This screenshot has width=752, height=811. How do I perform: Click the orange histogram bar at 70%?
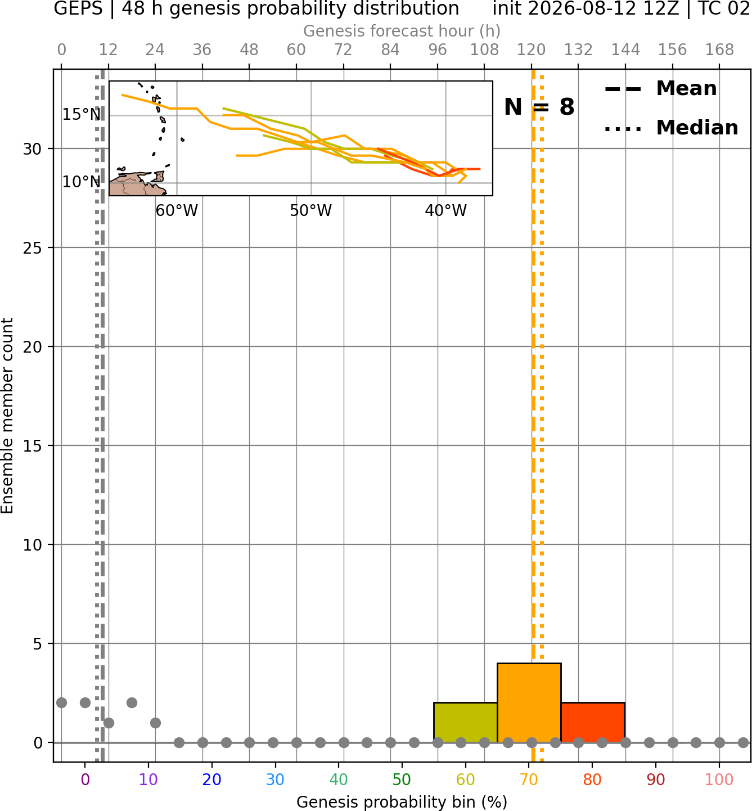coord(529,702)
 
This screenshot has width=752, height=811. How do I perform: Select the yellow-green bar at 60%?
coord(465,722)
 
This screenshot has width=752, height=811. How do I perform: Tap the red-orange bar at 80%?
coord(593,722)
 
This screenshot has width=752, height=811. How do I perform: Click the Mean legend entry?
coord(660,89)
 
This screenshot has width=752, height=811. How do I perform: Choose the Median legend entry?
coord(671,128)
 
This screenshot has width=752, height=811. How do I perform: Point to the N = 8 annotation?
coord(539,107)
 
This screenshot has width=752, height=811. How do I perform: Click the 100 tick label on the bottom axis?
coord(719,780)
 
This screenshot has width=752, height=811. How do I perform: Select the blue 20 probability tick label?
coord(212,780)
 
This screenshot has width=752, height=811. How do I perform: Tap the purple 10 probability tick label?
coord(148,780)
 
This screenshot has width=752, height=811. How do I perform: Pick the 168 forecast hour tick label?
coord(719,50)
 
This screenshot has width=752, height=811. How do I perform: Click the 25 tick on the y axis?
coord(33,248)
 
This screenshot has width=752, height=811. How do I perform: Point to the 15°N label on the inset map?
coord(82,115)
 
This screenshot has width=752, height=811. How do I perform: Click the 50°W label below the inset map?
coord(311,211)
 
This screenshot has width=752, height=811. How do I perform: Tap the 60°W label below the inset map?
coord(177,211)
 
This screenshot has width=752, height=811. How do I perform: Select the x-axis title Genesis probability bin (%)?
coord(402,802)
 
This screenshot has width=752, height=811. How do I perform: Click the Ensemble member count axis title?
coord(7,416)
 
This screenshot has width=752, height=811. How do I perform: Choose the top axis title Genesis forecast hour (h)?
coord(402,31)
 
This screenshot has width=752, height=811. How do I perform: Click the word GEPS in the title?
coord(78,8)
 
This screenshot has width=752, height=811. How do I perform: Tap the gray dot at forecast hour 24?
coord(155,723)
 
